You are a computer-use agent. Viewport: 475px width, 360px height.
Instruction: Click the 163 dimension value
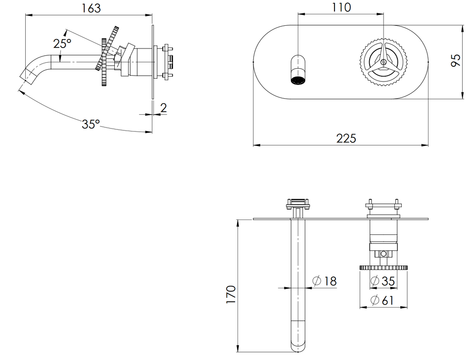(x=91, y=8)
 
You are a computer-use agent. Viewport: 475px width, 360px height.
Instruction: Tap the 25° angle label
(x=62, y=44)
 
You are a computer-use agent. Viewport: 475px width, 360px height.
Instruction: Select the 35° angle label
(x=91, y=124)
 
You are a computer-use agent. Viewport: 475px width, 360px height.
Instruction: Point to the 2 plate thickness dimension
(x=164, y=108)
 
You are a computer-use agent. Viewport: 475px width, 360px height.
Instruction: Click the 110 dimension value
(x=341, y=7)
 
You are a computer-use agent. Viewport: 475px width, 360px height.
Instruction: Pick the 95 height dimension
(x=456, y=60)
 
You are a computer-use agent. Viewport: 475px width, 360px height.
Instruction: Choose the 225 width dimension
(x=346, y=138)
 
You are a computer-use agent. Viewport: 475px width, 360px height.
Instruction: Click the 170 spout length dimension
(x=231, y=294)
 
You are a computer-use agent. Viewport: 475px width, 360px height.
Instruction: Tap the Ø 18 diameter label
(x=325, y=281)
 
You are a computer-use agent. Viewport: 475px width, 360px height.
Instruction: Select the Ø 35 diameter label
(x=383, y=281)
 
